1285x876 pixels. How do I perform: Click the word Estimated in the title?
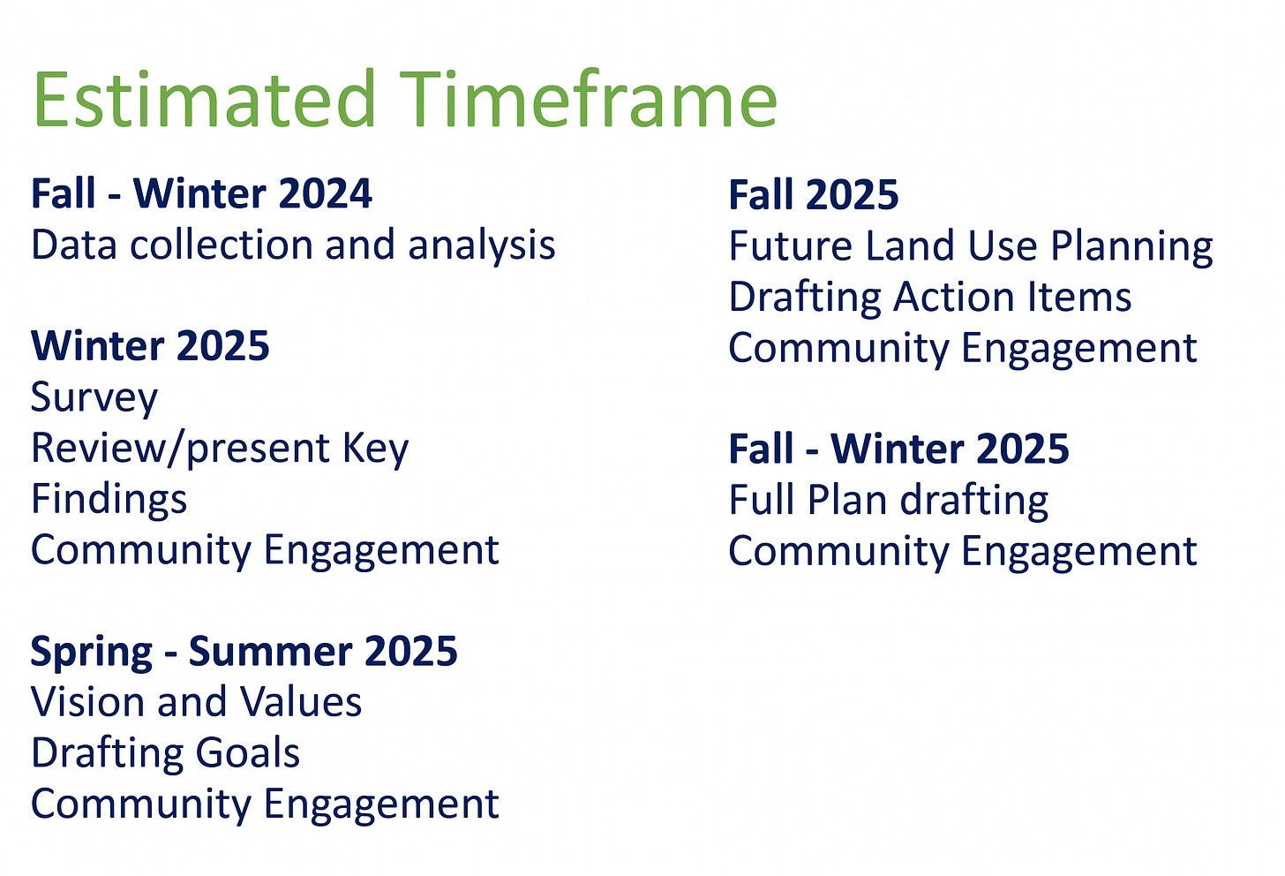pos(204,98)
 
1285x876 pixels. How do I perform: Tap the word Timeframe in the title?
pos(589,98)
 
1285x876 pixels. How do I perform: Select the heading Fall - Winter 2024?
pos(201,193)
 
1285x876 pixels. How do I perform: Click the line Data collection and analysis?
pos(293,245)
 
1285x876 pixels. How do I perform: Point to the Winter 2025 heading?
pos(150,345)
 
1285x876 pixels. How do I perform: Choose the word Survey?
pos(94,397)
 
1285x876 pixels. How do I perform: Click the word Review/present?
pos(180,449)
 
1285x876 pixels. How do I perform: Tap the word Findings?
pos(109,500)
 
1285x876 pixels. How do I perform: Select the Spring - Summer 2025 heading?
pos(244,652)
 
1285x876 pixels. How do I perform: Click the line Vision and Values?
pos(196,701)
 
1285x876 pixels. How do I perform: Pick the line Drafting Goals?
pos(165,753)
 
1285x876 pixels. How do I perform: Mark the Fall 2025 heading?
pos(814,194)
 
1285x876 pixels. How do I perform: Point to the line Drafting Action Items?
pos(930,297)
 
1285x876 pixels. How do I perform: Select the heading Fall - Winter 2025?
pos(899,449)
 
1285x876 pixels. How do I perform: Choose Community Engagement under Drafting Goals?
pos(265,804)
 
